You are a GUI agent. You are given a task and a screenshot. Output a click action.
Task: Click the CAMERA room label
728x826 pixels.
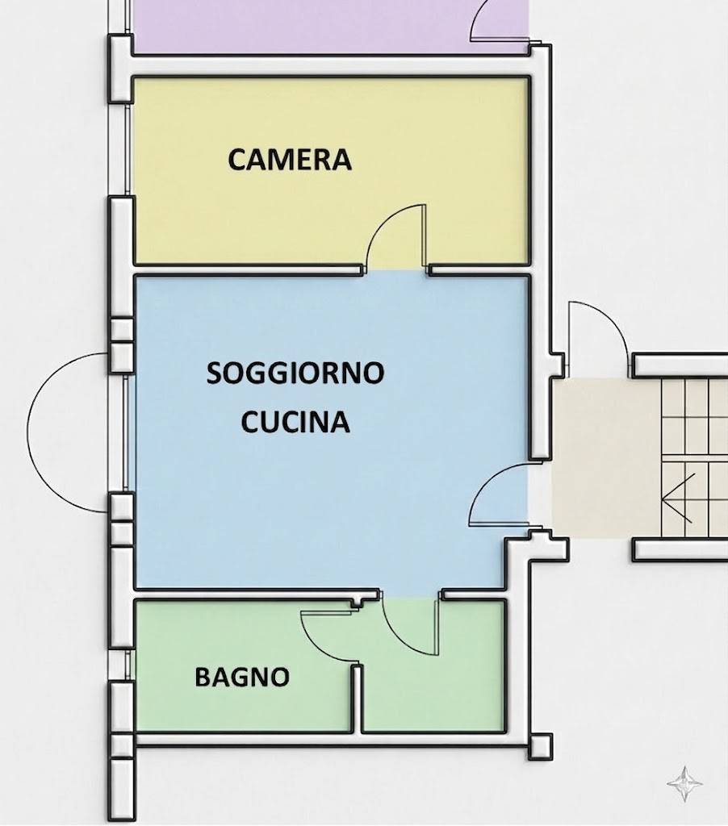pyautogui.click(x=290, y=160)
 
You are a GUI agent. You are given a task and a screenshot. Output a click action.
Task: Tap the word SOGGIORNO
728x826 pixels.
pyautogui.click(x=295, y=373)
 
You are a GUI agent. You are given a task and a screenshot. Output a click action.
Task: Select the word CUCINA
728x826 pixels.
pyautogui.click(x=295, y=421)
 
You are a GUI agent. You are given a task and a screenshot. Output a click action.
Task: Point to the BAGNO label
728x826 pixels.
pyautogui.click(x=242, y=677)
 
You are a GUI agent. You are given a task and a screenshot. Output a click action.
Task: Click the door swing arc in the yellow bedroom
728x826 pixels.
pyautogui.click(x=379, y=221)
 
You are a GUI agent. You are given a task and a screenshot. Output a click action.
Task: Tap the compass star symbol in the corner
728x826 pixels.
pyautogui.click(x=684, y=784)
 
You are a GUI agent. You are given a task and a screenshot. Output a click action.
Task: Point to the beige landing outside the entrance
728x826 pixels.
pyautogui.click(x=606, y=457)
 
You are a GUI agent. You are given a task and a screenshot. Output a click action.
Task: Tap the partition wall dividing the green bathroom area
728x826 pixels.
pyautogui.click(x=358, y=699)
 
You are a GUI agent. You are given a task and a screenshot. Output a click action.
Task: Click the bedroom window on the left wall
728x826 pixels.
pyautogui.click(x=128, y=149)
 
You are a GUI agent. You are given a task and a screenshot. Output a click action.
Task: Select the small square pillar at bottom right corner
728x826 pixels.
pyautogui.click(x=540, y=746)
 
